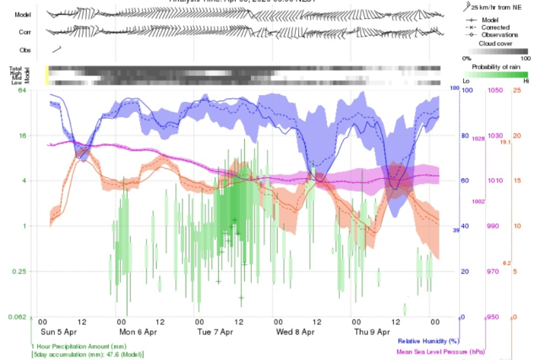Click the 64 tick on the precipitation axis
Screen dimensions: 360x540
tap(23, 91)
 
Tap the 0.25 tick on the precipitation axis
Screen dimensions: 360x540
tap(21, 272)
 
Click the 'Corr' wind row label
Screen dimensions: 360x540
tap(25, 32)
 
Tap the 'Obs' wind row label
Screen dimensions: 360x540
tap(25, 50)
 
